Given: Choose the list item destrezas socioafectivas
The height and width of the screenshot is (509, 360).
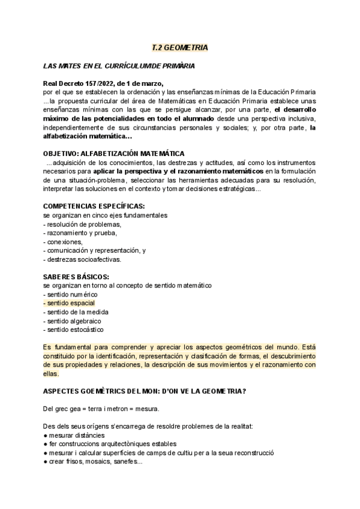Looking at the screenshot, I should click(x=82, y=259).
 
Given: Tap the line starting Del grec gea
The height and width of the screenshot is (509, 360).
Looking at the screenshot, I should click(x=101, y=409).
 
